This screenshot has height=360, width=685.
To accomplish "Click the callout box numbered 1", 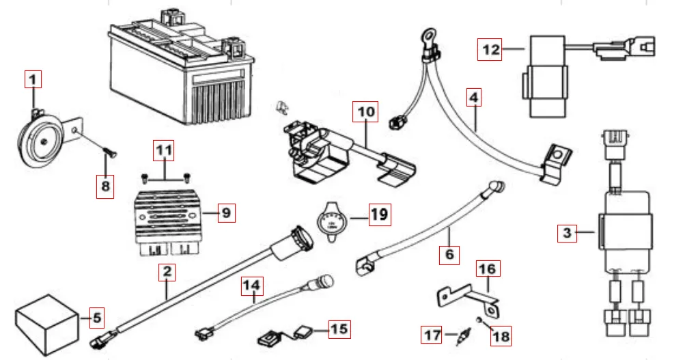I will (33, 79).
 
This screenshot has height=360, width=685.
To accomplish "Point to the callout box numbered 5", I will (96, 317).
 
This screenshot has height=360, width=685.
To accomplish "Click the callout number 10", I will (365, 111).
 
